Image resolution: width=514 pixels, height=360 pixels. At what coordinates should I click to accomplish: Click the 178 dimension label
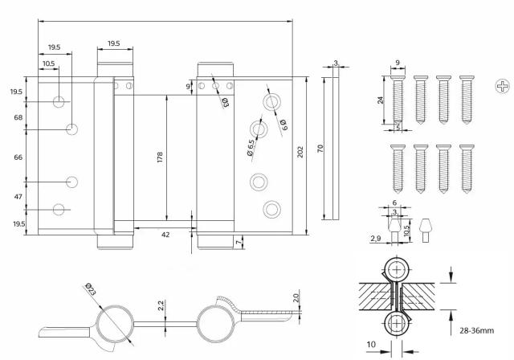pyautogui.click(x=160, y=157)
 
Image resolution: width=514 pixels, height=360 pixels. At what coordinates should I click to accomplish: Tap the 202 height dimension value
pyautogui.click(x=300, y=152)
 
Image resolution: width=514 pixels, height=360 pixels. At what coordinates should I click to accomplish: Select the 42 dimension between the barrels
pyautogui.click(x=165, y=235)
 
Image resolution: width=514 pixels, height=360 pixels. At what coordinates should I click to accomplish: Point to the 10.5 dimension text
pyautogui.click(x=48, y=63)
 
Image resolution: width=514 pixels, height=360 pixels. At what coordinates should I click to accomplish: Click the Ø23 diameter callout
pyautogui.click(x=90, y=289)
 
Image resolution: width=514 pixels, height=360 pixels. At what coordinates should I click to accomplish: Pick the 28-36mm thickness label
pyautogui.click(x=476, y=330)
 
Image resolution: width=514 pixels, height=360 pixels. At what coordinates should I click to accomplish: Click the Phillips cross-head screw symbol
pyautogui.click(x=502, y=87)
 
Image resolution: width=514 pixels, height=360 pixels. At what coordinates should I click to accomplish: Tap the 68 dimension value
pyautogui.click(x=18, y=117)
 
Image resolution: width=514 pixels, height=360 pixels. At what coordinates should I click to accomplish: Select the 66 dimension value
pyautogui.click(x=18, y=157)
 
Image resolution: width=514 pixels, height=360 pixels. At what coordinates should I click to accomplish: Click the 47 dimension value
pyautogui.click(x=18, y=197)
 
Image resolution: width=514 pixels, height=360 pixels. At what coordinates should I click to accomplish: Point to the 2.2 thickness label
pyautogui.click(x=161, y=305)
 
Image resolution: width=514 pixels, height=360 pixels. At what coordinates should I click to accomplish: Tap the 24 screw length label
pyautogui.click(x=380, y=100)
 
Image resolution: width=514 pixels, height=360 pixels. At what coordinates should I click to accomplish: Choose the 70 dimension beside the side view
pyautogui.click(x=320, y=148)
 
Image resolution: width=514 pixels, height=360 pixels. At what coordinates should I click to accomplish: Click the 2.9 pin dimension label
pyautogui.click(x=376, y=239)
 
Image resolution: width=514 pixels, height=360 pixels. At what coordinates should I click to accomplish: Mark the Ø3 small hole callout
pyautogui.click(x=226, y=102)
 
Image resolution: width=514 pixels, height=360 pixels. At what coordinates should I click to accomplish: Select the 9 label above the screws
pyautogui.click(x=398, y=63)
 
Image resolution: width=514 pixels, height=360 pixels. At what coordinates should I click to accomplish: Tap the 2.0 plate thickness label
pyautogui.click(x=296, y=298)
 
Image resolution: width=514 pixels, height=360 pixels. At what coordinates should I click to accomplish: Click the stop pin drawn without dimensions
pyautogui.click(x=426, y=230)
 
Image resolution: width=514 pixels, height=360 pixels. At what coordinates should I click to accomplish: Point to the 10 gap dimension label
pyautogui.click(x=371, y=345)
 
